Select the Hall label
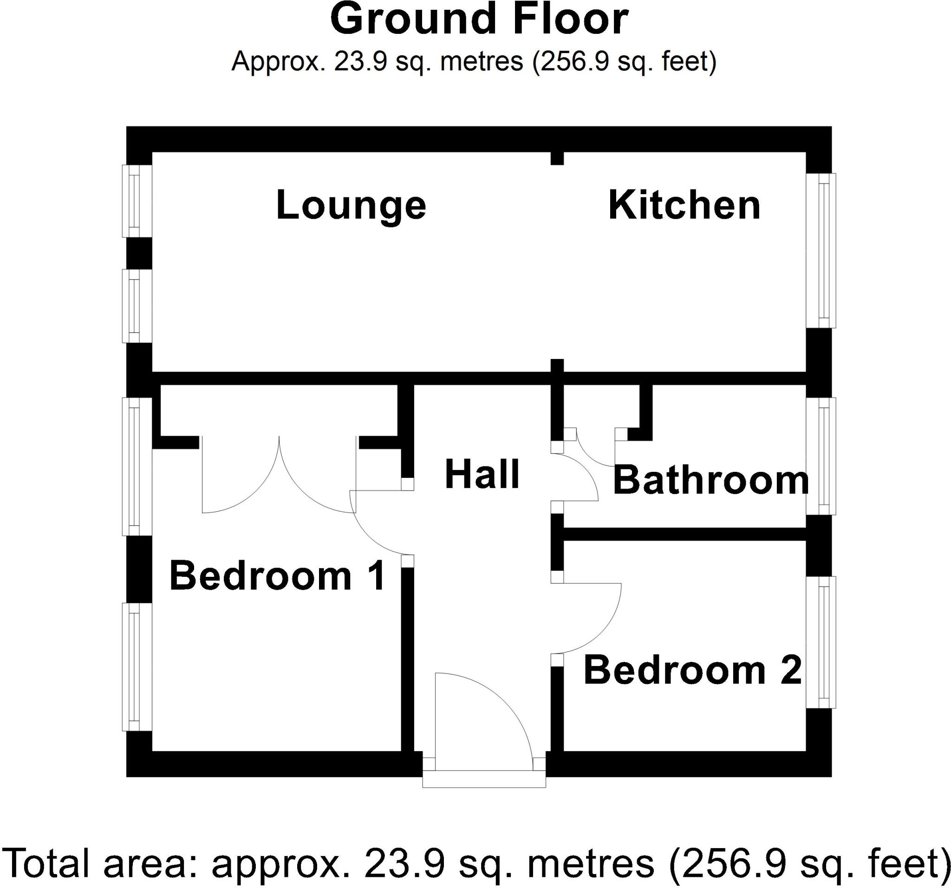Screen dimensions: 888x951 (482, 475)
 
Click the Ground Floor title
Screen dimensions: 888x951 (479, 20)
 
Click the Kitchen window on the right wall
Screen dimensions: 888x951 (821, 250)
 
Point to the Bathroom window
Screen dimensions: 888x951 (821, 456)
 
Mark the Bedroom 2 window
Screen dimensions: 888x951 (821, 642)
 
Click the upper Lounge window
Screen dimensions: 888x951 (137, 201)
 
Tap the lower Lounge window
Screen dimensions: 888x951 (137, 306)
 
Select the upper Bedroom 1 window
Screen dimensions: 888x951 (137, 466)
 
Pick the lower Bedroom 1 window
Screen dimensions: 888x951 (137, 667)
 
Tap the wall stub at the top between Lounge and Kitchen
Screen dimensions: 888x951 (557, 158)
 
